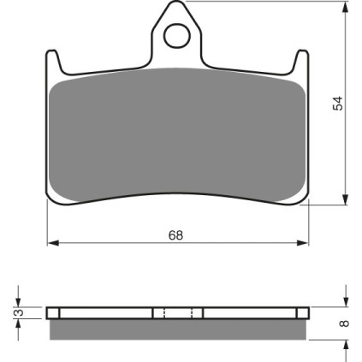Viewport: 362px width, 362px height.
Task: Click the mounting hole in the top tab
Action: click(177, 36)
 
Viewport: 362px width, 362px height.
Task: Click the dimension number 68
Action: click(175, 235)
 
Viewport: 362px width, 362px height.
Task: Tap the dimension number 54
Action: click(337, 104)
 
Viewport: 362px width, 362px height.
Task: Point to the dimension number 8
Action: click(345, 323)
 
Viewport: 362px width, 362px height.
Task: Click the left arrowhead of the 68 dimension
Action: click(53, 243)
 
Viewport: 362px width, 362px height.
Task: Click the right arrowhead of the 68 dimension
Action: click(303, 243)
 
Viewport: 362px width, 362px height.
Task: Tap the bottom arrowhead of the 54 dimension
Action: click(345, 199)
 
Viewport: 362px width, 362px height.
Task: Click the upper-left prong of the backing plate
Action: click(53, 62)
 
